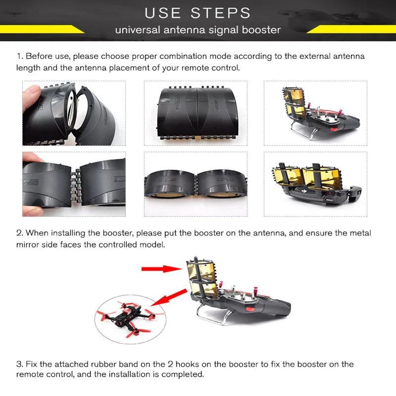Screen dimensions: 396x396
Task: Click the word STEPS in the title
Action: coord(220,13)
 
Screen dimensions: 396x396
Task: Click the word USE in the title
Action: coord(163,13)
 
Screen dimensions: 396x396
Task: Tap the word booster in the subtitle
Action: coord(261,30)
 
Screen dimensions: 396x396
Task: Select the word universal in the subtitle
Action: coord(138,30)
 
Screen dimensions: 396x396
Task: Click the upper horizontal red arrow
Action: coord(162,269)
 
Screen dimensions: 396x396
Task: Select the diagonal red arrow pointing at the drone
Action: coord(169,298)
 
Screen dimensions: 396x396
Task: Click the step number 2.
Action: coord(20,233)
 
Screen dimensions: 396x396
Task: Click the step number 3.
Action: coord(20,364)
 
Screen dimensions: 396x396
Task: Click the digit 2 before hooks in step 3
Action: coord(170,364)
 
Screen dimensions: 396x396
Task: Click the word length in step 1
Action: coord(28,68)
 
